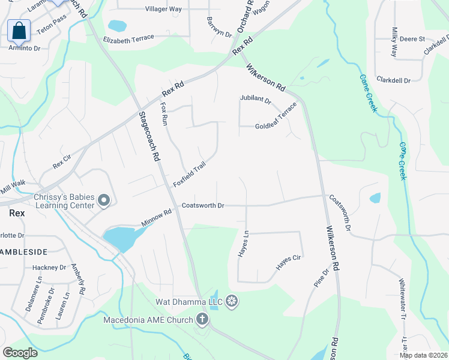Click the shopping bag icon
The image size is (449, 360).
pyautogui.click(x=19, y=30)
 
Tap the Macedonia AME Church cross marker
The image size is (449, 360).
pyautogui.click(x=203, y=319)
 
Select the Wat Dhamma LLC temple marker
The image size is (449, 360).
pyautogui.click(x=232, y=301)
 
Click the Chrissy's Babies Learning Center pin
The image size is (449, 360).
pyautogui.click(x=104, y=200)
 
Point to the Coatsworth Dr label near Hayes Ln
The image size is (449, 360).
pyautogui.click(x=203, y=206)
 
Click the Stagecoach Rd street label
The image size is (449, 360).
pyautogui.click(x=149, y=137)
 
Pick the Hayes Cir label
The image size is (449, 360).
pyautogui.click(x=288, y=262)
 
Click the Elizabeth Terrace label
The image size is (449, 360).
pyautogui.click(x=128, y=38)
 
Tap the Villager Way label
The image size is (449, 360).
pyautogui.click(x=163, y=10)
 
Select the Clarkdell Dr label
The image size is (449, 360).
pyautogui.click(x=393, y=80)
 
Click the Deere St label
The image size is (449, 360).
pyautogui.click(x=412, y=39)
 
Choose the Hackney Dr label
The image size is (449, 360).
pyautogui.click(x=49, y=268)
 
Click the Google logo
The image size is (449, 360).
pyautogui.click(x=20, y=353)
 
